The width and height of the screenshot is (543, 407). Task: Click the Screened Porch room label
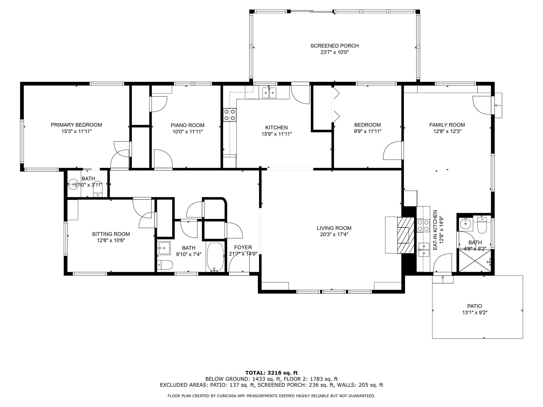[334, 46]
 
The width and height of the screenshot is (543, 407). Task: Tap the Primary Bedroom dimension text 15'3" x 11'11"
[76, 131]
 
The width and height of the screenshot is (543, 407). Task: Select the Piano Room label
[187, 125]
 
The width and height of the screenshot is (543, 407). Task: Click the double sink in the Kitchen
[269, 93]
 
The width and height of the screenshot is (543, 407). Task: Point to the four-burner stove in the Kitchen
[230, 115]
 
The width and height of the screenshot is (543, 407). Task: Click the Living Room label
[334, 228]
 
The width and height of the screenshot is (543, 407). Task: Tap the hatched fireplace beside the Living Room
[405, 235]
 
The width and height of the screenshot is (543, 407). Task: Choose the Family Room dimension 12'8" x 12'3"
[447, 131]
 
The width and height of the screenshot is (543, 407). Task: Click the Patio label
[475, 306]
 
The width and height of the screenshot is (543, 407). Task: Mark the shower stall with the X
[475, 261]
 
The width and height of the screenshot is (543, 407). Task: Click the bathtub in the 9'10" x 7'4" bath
[215, 257]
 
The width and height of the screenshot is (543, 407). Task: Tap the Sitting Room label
[111, 234]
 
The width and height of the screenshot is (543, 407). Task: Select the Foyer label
[243, 247]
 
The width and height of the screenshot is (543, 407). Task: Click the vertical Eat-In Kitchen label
[435, 230]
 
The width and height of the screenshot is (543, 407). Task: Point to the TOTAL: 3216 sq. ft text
[271, 373]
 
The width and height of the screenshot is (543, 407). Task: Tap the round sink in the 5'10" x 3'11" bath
[72, 184]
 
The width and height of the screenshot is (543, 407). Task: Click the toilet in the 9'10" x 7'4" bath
[165, 265]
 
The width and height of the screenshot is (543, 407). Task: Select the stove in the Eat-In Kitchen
[423, 225]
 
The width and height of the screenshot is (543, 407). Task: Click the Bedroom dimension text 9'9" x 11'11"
[368, 131]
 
